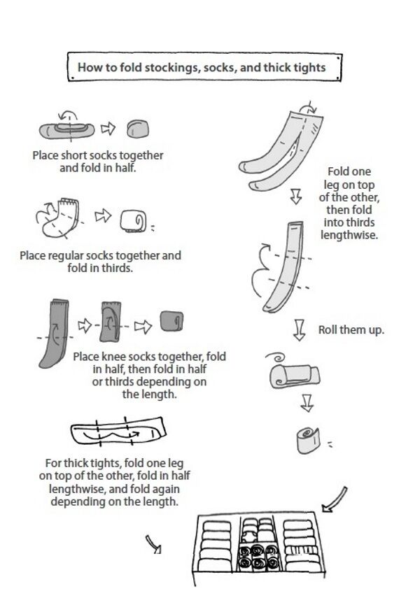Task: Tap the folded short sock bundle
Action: [137, 129]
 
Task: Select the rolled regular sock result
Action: [134, 221]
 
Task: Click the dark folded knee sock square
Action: [171, 321]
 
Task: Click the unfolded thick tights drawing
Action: [118, 432]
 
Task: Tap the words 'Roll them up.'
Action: [351, 330]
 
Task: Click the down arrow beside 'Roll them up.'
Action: [300, 330]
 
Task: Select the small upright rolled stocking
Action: [308, 440]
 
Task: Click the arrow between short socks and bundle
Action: [108, 129]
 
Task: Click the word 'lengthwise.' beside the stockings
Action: [349, 235]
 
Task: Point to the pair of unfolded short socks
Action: [66, 130]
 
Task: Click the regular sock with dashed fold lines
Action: [61, 218]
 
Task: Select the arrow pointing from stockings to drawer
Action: [335, 499]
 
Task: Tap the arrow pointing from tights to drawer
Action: [153, 544]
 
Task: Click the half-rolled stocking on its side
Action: [295, 376]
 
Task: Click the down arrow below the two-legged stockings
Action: [296, 197]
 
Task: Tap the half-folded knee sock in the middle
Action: [111, 321]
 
